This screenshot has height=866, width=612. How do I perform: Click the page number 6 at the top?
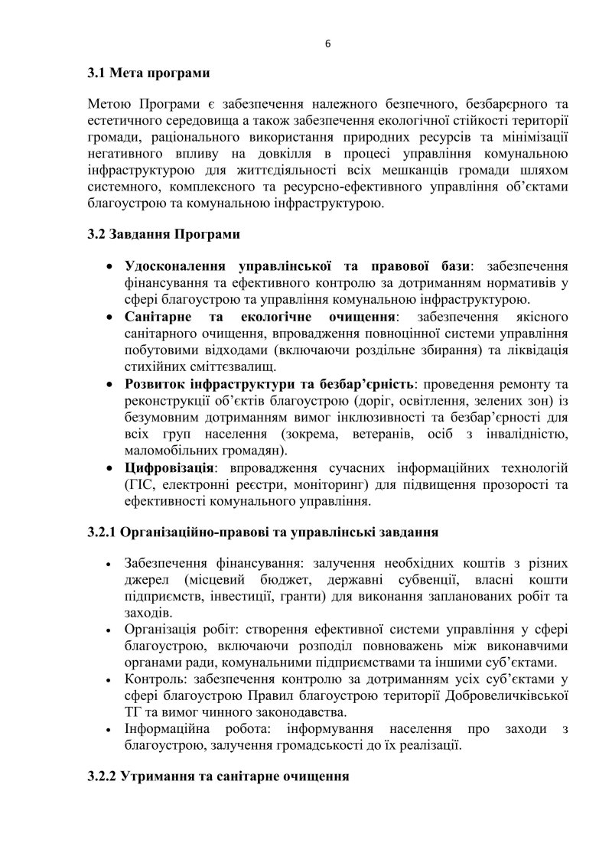coord(327,44)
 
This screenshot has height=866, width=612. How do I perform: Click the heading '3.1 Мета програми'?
coord(148,74)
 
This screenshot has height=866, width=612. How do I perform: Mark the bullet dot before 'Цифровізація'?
coord(113,467)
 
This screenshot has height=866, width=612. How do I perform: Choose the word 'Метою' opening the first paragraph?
coord(110,103)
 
